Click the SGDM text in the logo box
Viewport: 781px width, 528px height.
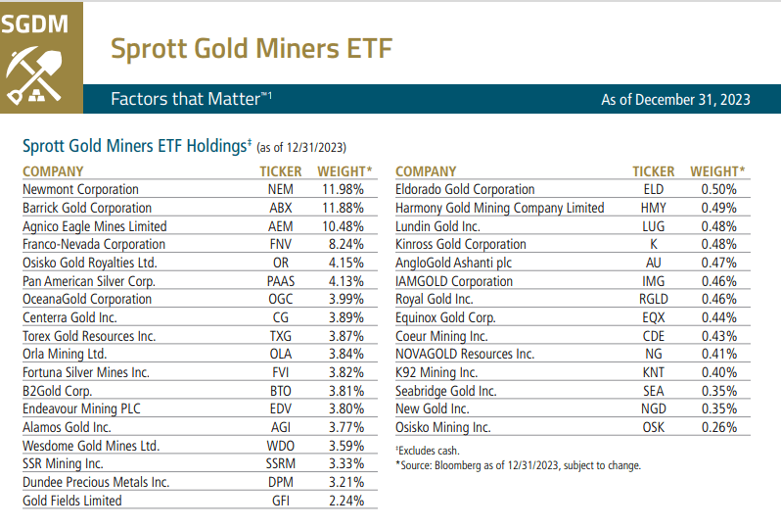[39, 23]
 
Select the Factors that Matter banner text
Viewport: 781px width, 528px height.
[190, 99]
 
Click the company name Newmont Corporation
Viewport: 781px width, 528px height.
[80, 189]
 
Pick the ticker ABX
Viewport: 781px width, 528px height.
[280, 208]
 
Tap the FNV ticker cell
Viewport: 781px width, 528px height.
[280, 244]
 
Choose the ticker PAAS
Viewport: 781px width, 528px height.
[280, 281]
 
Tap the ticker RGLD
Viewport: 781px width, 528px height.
[653, 299]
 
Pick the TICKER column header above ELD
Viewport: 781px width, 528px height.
[653, 170]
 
